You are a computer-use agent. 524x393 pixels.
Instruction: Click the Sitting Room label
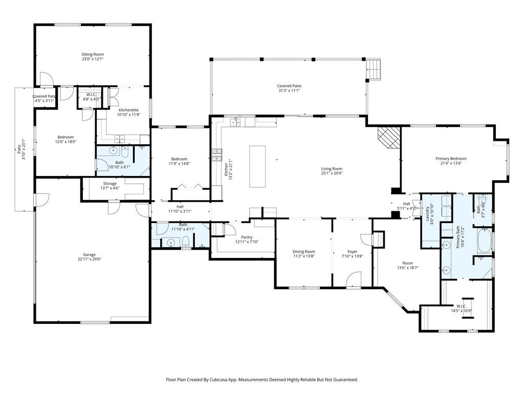(x=93, y=54)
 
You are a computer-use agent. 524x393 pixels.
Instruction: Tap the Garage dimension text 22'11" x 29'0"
(x=89, y=259)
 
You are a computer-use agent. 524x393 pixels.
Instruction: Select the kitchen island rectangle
(x=258, y=166)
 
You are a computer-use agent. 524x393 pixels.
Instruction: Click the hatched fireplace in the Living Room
(x=389, y=137)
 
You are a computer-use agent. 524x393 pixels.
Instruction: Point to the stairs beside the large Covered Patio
(x=374, y=70)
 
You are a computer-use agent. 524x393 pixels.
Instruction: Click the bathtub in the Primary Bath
(x=485, y=240)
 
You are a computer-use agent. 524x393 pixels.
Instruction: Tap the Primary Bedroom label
(x=451, y=159)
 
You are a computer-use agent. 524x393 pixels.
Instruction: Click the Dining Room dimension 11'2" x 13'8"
(x=304, y=256)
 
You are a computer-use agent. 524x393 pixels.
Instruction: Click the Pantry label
(x=247, y=237)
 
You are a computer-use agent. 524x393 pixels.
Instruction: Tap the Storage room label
(x=110, y=184)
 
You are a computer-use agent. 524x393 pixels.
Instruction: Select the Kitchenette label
(x=128, y=110)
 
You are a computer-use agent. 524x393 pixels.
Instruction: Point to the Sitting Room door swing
(x=47, y=79)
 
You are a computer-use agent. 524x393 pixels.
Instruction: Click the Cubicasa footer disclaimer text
(x=262, y=380)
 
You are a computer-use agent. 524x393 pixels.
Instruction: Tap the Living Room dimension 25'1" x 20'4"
(x=332, y=173)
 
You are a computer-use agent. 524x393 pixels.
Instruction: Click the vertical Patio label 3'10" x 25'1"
(x=21, y=149)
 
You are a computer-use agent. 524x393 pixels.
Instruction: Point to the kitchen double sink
(x=235, y=122)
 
